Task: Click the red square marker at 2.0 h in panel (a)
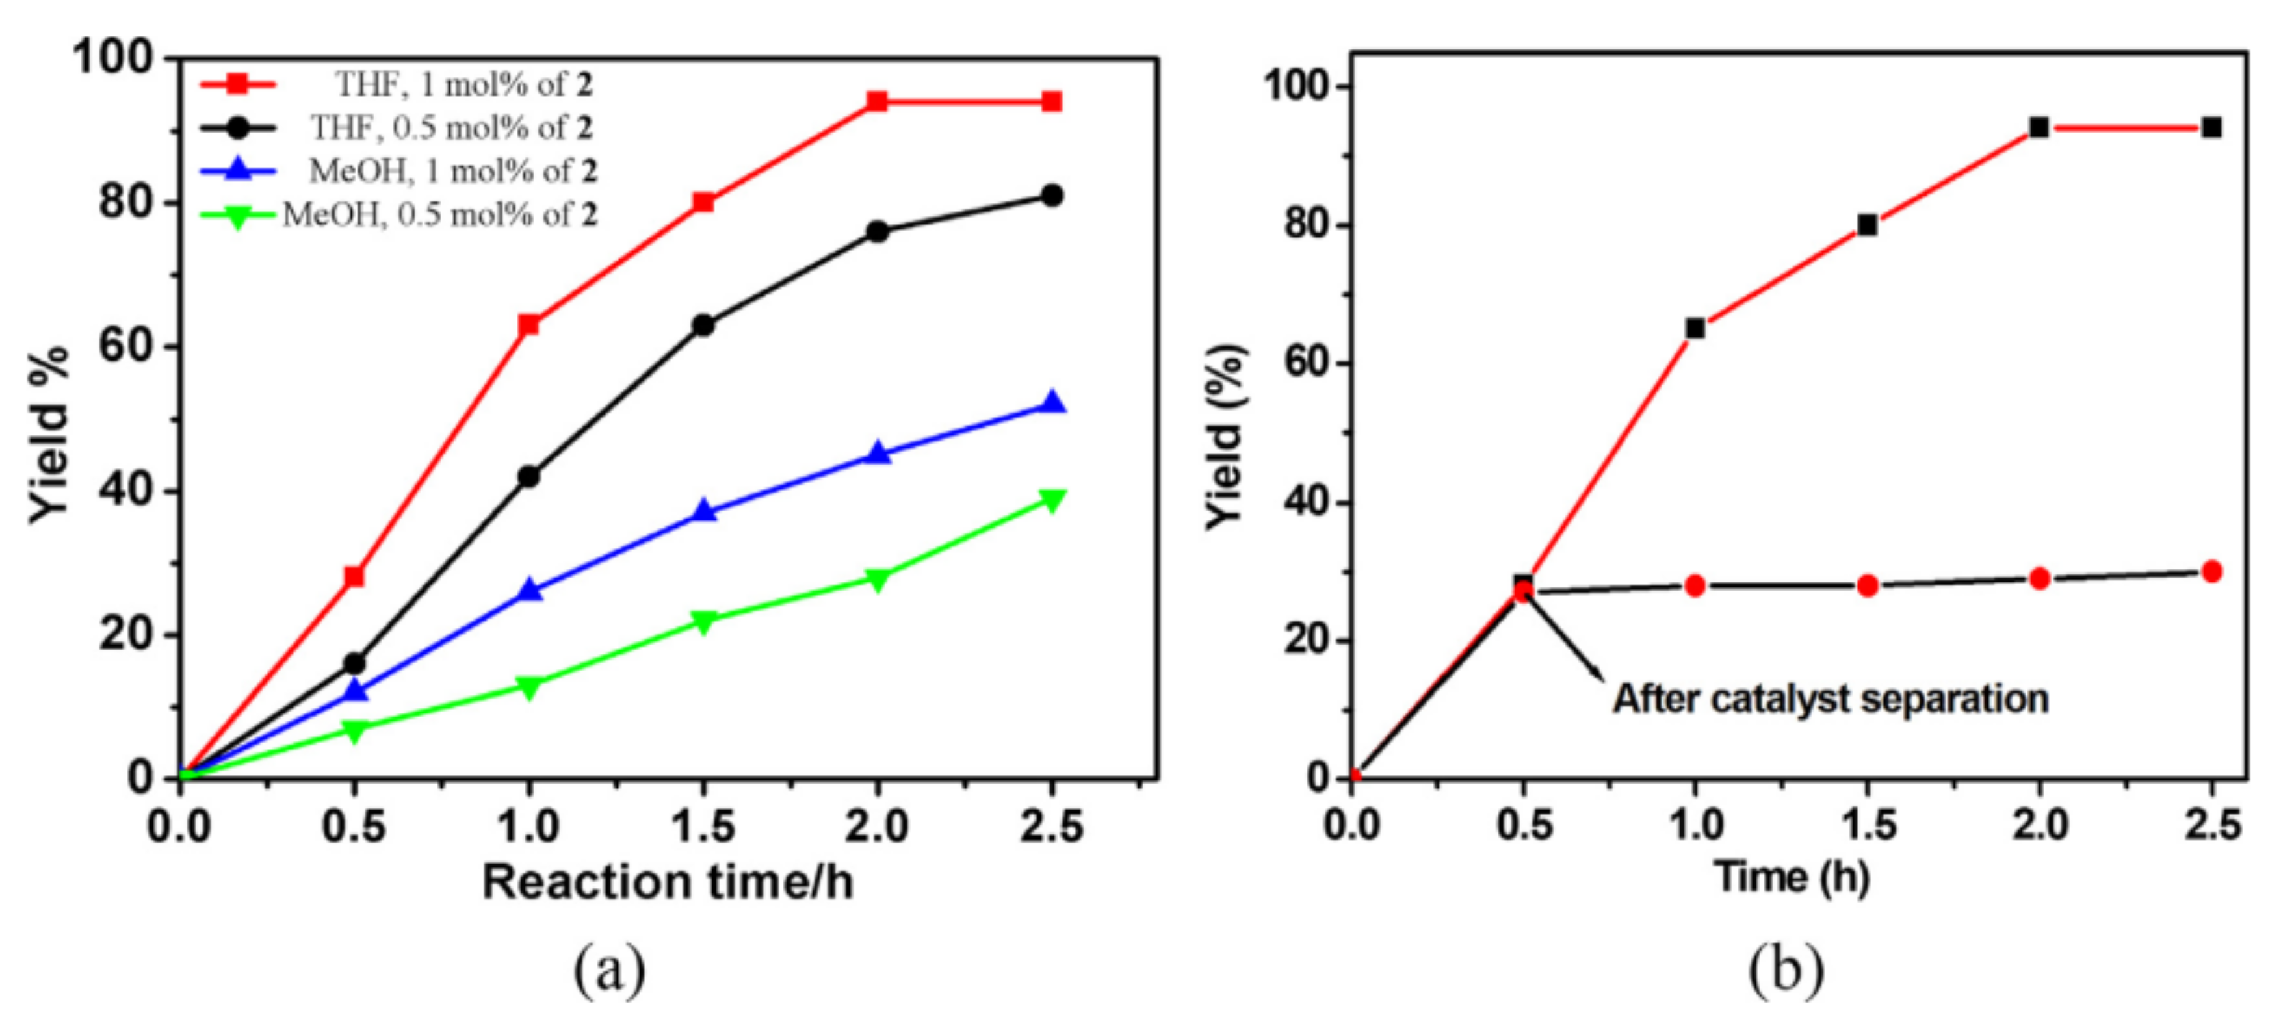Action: pos(877,102)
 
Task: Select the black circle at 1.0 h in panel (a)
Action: pos(528,476)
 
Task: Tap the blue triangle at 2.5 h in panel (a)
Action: pos(1051,403)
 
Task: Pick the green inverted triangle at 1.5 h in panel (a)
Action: pos(703,621)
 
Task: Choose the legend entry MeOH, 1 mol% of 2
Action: pos(452,171)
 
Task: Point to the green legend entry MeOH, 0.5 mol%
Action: pos(439,214)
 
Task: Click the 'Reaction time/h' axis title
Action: pos(668,882)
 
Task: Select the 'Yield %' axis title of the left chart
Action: pos(49,434)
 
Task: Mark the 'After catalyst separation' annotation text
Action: pos(1831,699)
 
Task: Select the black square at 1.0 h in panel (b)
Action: pos(1695,328)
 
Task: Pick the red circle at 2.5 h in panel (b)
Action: pos(2211,572)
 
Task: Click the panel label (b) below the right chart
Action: pos(1785,970)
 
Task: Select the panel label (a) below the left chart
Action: pos(610,970)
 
